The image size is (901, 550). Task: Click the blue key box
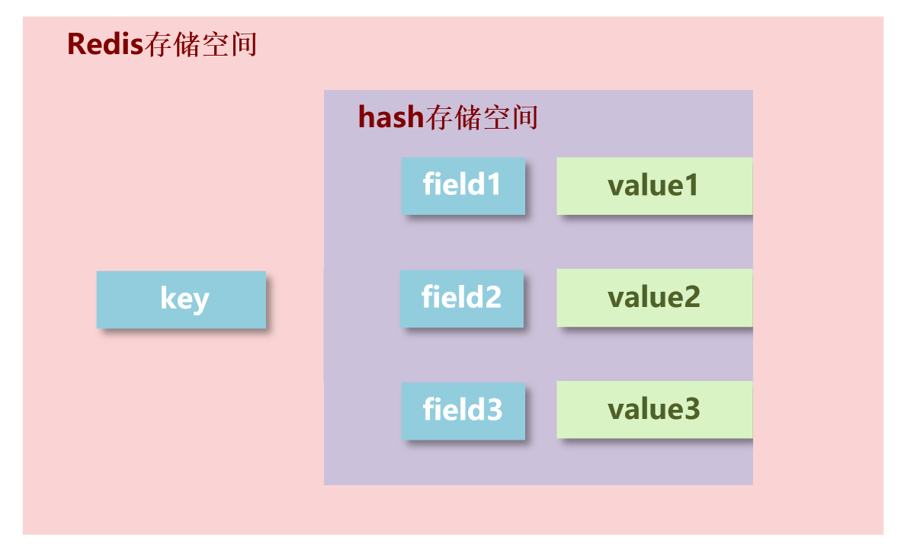181,299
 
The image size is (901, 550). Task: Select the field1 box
463,186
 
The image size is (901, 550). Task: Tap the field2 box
462,298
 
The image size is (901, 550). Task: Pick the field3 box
463,411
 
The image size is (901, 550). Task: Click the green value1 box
654,186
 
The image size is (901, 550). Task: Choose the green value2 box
654,298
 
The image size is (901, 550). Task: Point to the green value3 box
654,410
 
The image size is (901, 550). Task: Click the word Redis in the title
105,44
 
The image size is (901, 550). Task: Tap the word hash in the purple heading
390,117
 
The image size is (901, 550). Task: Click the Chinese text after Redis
200,45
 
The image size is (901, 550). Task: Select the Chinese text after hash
482,118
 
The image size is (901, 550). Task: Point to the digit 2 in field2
492,297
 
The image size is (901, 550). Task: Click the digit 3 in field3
493,410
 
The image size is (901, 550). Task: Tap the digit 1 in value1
690,186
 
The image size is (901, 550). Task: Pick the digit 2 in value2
691,298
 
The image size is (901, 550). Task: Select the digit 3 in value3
691,410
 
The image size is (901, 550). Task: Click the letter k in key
167,298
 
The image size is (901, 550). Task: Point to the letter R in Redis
76,44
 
